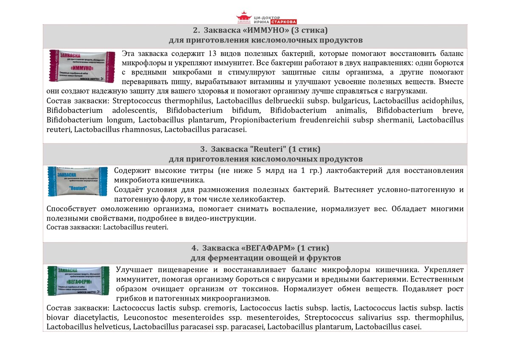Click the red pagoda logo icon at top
(x=244, y=18)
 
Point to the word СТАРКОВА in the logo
(x=283, y=22)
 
